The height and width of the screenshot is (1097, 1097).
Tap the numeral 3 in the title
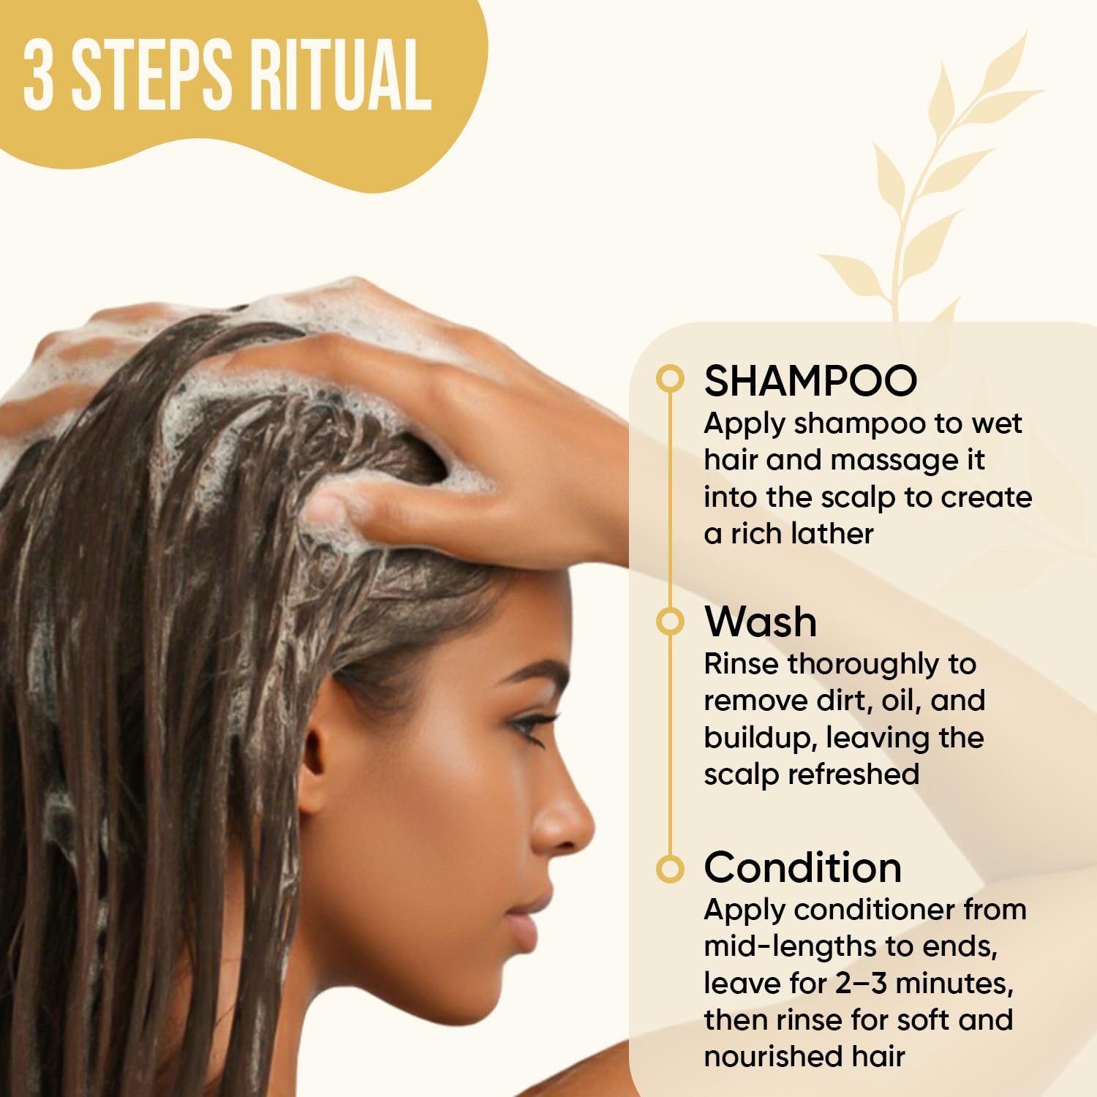38,75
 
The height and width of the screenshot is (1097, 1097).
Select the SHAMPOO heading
810,380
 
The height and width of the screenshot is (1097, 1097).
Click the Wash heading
761,622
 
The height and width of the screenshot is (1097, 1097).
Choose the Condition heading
802,868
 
